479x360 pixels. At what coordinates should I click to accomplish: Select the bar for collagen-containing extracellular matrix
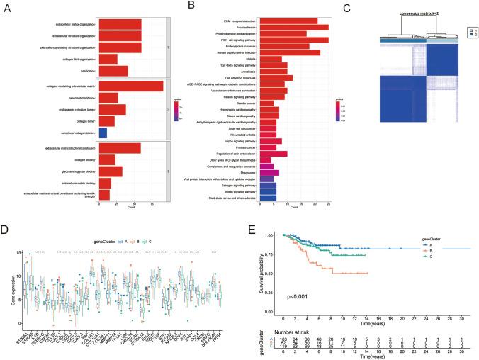pos(131,86)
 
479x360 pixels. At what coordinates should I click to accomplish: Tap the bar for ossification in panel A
pos(113,71)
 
